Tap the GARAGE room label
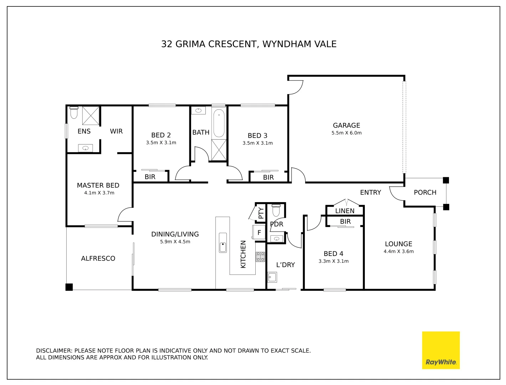346,125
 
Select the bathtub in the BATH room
219,123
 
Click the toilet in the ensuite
74,113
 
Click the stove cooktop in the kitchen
260,257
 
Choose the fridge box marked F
259,232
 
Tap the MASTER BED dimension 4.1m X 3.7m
99,193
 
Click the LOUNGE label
398,244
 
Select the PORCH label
425,192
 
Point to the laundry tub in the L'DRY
272,277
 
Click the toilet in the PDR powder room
276,211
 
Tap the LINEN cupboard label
345,211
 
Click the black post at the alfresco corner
69,287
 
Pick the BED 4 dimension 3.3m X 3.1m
333,261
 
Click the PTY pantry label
261,213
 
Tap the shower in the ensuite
91,115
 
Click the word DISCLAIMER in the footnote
54,351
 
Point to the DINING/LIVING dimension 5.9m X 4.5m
175,242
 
